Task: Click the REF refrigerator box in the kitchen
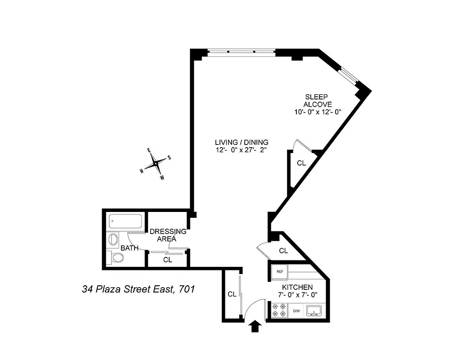tap(279, 271)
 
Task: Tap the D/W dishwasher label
tap(296, 311)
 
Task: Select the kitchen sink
tap(314, 310)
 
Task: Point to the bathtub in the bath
tap(126, 221)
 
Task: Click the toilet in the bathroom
tap(116, 258)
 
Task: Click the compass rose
tap(156, 164)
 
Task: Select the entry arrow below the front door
tap(255, 326)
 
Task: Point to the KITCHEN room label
tap(297, 287)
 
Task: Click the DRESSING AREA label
tap(167, 235)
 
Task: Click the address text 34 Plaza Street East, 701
tap(138, 289)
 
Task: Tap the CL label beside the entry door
tap(232, 294)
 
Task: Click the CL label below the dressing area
tap(167, 260)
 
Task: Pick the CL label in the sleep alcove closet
tap(301, 163)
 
